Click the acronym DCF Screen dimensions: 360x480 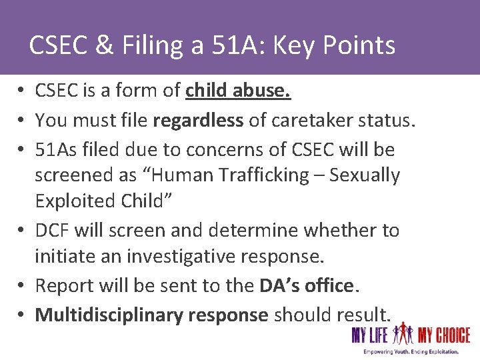(x=52, y=231)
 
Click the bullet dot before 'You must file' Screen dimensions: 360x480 (x=22, y=121)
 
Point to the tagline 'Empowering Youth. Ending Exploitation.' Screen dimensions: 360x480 (x=411, y=351)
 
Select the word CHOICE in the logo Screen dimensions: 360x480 (x=453, y=335)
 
